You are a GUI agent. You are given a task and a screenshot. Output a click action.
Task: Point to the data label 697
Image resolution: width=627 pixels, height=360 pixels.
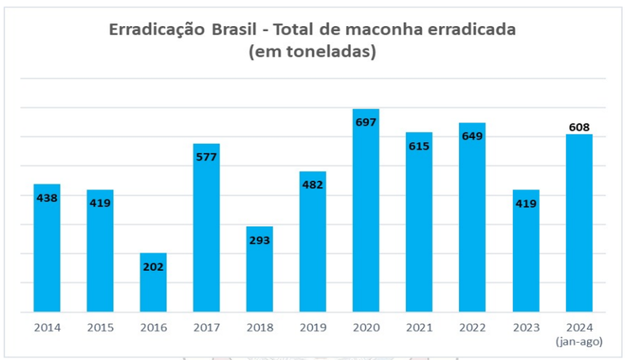point(366,122)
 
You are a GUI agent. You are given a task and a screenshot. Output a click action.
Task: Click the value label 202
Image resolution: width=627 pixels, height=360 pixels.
point(153,266)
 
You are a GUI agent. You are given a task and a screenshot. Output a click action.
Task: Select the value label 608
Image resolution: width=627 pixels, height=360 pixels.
point(579,127)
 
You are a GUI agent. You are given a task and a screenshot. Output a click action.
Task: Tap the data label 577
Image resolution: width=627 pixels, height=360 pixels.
point(206,157)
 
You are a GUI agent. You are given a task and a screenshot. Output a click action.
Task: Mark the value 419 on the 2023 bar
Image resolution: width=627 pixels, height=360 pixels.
point(525,202)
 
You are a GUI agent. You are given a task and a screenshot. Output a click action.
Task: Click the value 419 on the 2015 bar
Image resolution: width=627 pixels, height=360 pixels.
point(100,202)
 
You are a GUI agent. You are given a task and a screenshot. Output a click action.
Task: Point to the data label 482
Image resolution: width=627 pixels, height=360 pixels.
point(313,184)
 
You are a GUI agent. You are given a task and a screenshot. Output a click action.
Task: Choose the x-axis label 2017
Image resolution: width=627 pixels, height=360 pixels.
point(206,327)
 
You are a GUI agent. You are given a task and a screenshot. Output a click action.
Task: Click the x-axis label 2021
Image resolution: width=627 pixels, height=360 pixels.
point(419,327)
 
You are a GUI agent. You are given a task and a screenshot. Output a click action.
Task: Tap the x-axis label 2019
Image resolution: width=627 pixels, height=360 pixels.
point(313,327)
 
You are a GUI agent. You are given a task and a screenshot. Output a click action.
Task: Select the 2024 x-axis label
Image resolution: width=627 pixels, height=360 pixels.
point(579,327)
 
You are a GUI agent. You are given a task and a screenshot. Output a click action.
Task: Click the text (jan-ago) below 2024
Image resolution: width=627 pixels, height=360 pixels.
point(579,340)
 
